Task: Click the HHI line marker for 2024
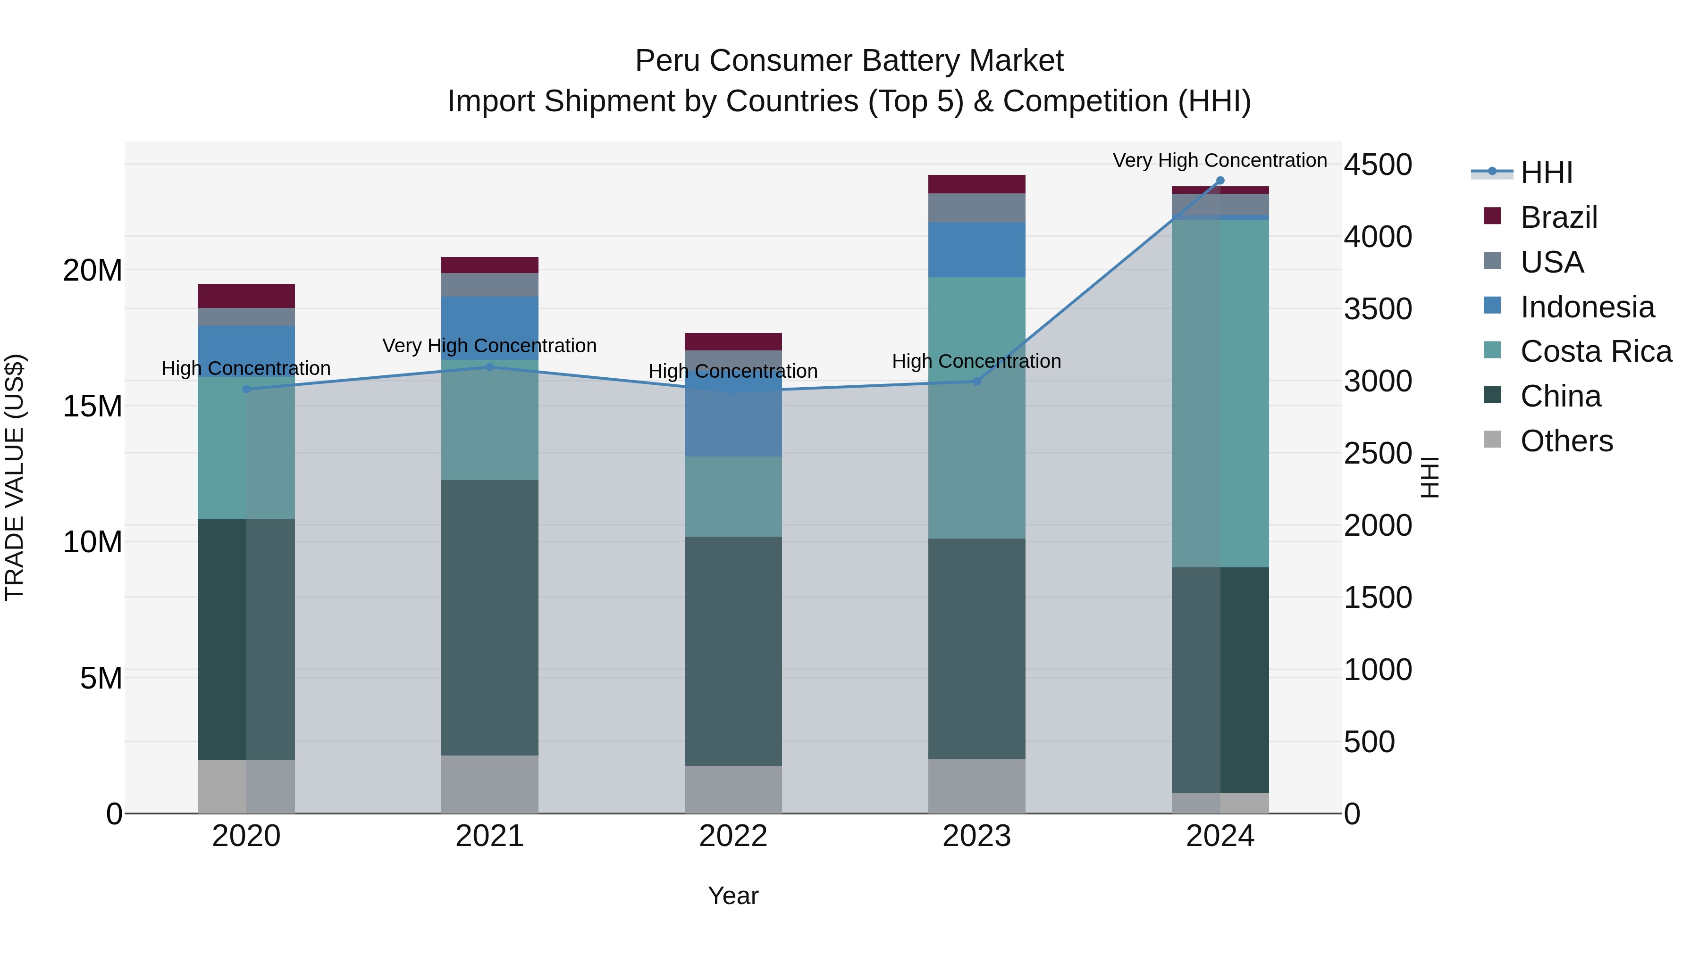tap(1220, 181)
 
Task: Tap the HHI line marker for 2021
tap(489, 367)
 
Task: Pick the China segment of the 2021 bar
tap(489, 617)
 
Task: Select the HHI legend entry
tap(1546, 173)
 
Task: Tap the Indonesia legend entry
tap(1586, 307)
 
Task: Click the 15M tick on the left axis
tap(93, 406)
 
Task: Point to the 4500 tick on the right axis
tap(1378, 165)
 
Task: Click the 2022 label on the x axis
tap(733, 836)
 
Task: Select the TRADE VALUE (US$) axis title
tap(15, 477)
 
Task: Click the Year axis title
tap(733, 896)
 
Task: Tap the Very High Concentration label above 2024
tap(1220, 160)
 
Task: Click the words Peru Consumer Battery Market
tap(849, 61)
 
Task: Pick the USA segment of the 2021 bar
tap(489, 285)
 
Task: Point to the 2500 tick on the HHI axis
tap(1378, 453)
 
